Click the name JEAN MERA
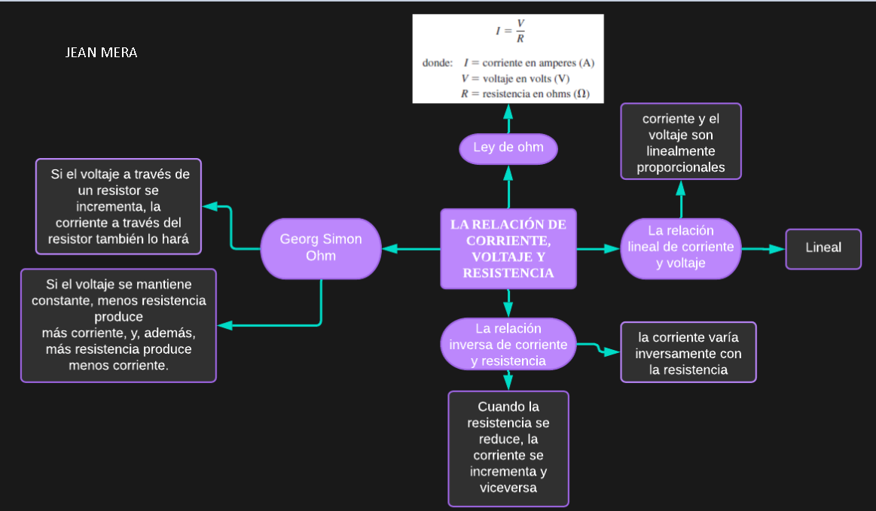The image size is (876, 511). [x=102, y=53]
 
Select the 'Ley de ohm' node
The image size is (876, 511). [x=508, y=148]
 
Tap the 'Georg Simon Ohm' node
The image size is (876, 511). [x=321, y=248]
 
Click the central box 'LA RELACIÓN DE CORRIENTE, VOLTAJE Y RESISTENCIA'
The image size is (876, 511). [x=508, y=248]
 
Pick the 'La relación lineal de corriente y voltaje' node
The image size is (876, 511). [x=681, y=247]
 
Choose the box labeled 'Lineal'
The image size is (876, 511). [x=823, y=248]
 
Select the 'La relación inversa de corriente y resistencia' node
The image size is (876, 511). [x=508, y=345]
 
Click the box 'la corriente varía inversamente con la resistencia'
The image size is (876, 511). [x=688, y=353]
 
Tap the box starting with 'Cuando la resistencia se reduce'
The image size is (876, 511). [x=508, y=448]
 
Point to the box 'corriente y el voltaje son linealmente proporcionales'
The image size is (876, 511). [x=681, y=142]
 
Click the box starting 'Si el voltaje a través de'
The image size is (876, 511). [x=119, y=206]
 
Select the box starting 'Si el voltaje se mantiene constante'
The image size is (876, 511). [x=119, y=325]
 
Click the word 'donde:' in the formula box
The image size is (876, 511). [x=438, y=63]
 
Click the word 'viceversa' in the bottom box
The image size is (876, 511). [x=508, y=488]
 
